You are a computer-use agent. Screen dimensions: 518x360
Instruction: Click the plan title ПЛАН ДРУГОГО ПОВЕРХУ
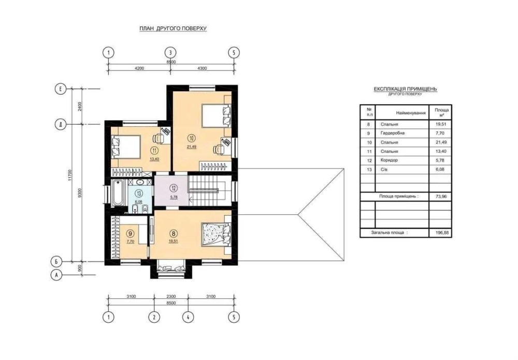tap(173, 28)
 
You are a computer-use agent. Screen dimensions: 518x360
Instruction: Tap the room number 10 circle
tap(191, 138)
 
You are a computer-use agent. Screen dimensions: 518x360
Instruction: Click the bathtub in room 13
tap(117, 192)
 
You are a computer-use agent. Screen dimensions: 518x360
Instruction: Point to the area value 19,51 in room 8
tap(173, 241)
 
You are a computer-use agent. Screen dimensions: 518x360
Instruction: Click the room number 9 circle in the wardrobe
tap(131, 234)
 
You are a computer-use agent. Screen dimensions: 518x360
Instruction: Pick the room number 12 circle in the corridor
tap(174, 188)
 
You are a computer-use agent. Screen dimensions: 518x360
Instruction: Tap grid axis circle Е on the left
tap(61, 89)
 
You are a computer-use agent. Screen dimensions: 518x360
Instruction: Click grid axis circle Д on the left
tap(61, 124)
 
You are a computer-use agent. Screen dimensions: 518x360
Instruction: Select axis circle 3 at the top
tap(170, 52)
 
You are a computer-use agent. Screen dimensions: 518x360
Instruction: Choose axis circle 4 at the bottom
tap(188, 318)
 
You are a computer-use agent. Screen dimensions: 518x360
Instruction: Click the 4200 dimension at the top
tap(139, 68)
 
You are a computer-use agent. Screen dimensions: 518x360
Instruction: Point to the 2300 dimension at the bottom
tap(171, 296)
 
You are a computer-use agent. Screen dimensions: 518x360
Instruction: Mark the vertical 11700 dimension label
tap(69, 175)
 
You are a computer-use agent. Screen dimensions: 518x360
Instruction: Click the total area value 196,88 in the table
tap(442, 233)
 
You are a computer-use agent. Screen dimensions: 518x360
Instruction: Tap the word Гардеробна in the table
tap(393, 133)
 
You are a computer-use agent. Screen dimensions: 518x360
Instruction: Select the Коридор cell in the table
tap(389, 160)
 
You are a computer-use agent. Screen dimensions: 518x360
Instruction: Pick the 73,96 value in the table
tap(441, 196)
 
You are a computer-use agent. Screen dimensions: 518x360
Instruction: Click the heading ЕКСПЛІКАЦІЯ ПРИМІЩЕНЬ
tap(406, 89)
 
